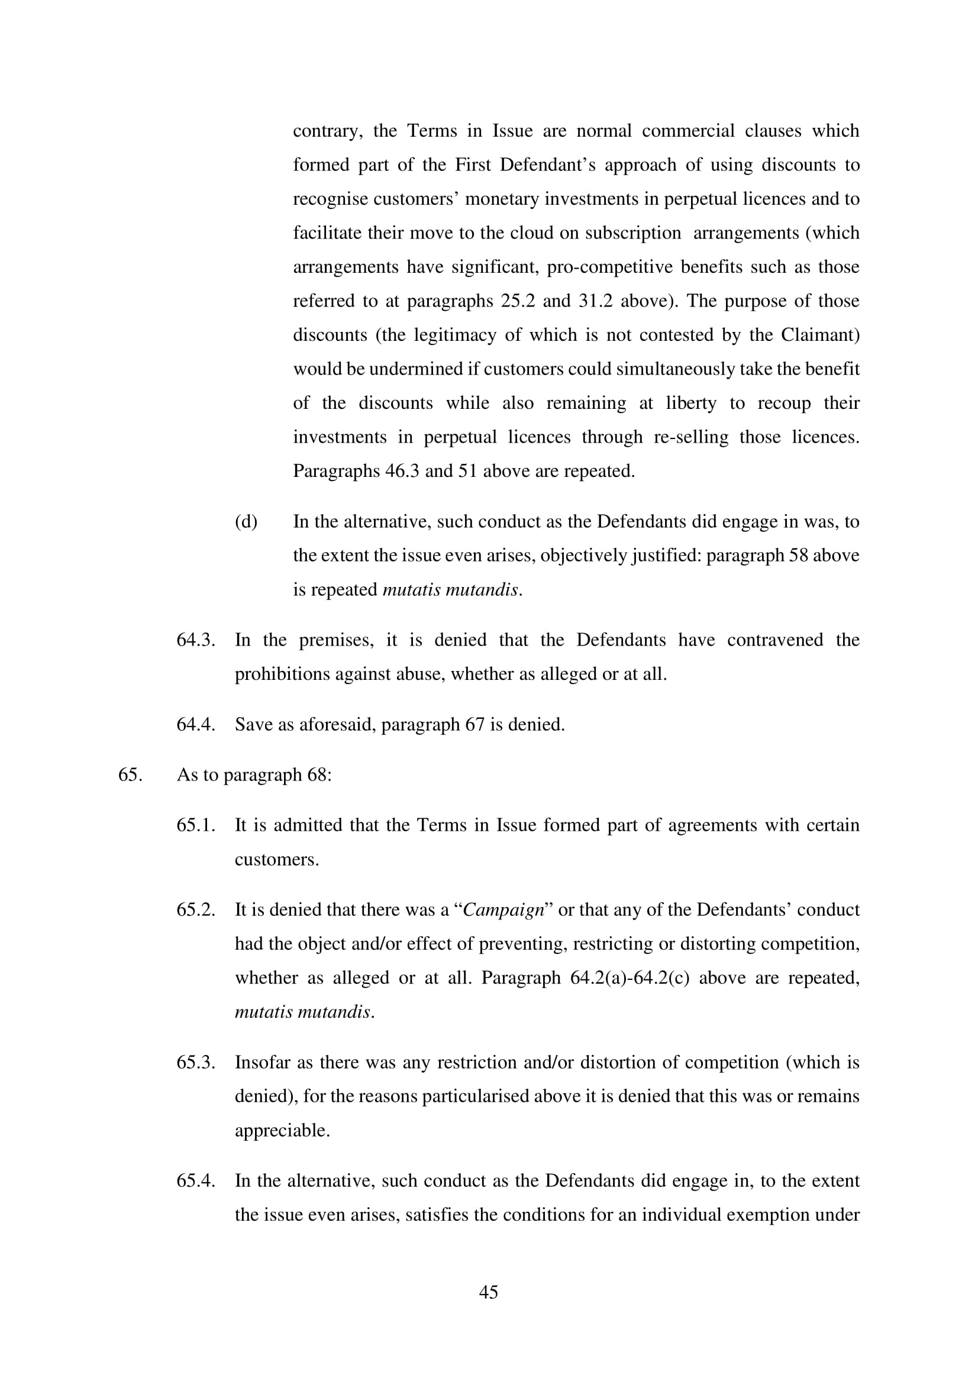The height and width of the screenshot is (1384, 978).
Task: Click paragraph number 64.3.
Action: pyautogui.click(x=196, y=640)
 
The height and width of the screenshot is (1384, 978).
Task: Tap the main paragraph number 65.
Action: pyautogui.click(x=130, y=775)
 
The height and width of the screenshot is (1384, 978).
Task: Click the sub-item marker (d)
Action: pyautogui.click(x=246, y=521)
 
